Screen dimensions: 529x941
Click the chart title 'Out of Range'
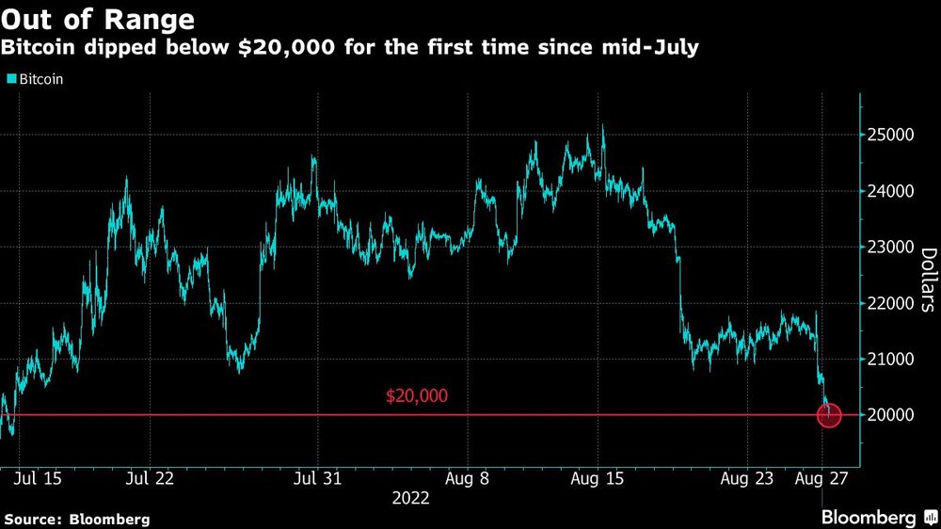coord(100,20)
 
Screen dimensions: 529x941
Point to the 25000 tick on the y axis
coord(889,136)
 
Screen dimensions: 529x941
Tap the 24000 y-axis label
coord(889,191)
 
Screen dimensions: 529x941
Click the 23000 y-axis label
coord(889,248)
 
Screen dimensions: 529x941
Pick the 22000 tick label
coord(889,303)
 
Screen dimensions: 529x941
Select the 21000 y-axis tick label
coord(889,360)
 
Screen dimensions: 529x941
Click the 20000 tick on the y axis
coord(889,415)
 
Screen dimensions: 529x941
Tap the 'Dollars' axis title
coord(927,280)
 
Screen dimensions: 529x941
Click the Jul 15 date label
coord(40,478)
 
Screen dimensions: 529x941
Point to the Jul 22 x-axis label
coord(152,478)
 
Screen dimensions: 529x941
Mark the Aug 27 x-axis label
coord(823,478)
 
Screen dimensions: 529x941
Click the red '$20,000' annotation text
coord(417,396)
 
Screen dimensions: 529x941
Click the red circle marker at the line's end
coord(829,414)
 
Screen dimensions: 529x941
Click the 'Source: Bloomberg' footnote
coord(77,519)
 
